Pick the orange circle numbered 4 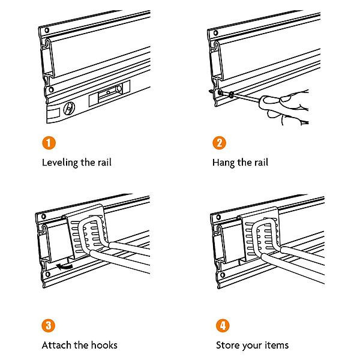click(221, 325)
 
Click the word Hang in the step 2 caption click(224, 163)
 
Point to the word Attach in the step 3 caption click(55, 345)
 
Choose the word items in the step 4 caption click(276, 345)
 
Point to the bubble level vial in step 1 click(108, 92)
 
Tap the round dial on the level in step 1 click(69, 109)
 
